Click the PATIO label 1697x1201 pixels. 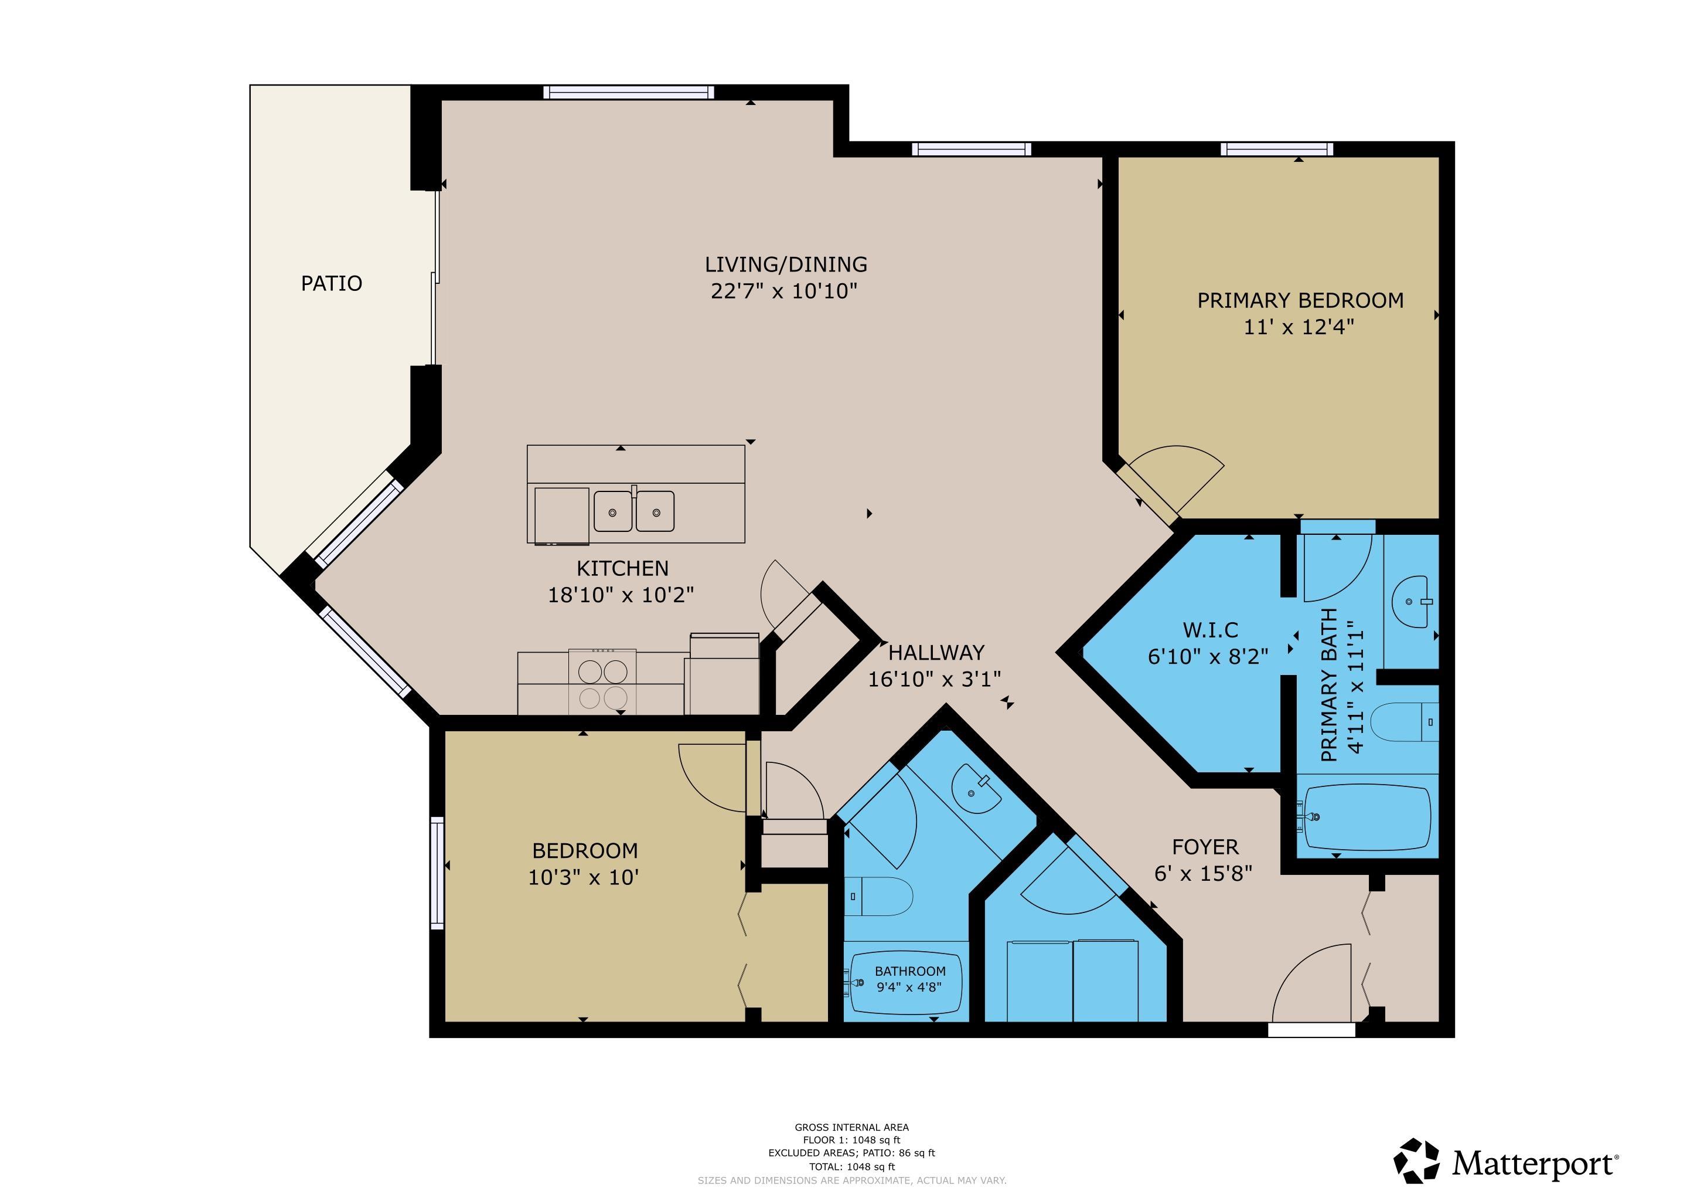[x=331, y=283]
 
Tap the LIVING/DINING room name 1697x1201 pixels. [x=786, y=264]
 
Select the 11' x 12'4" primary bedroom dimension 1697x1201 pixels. [x=1299, y=327]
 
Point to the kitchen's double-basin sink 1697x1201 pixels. [x=634, y=511]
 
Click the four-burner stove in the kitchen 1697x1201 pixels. [x=602, y=683]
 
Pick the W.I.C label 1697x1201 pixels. [x=1210, y=630]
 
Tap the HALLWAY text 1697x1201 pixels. [x=936, y=652]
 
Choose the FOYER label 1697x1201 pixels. [x=1205, y=847]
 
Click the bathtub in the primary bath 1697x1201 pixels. [x=1367, y=817]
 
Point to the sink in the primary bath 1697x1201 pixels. [x=1412, y=602]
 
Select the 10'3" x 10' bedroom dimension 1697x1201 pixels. [x=583, y=877]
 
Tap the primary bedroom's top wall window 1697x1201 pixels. [x=1277, y=148]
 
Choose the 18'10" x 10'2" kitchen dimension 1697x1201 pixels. [x=621, y=595]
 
